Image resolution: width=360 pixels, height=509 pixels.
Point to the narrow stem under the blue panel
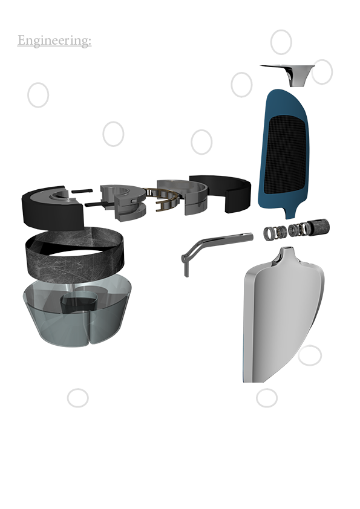tap(289, 213)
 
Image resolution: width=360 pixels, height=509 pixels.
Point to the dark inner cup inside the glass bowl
tap(78, 303)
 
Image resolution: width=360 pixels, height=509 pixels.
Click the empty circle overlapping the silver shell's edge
tap(310, 355)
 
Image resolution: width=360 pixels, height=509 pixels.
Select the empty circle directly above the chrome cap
tap(281, 42)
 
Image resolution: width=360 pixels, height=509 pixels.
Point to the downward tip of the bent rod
tap(186, 276)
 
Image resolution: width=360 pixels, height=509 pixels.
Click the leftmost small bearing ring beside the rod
tap(269, 234)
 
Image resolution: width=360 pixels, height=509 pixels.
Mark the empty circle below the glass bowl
tap(77, 398)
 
